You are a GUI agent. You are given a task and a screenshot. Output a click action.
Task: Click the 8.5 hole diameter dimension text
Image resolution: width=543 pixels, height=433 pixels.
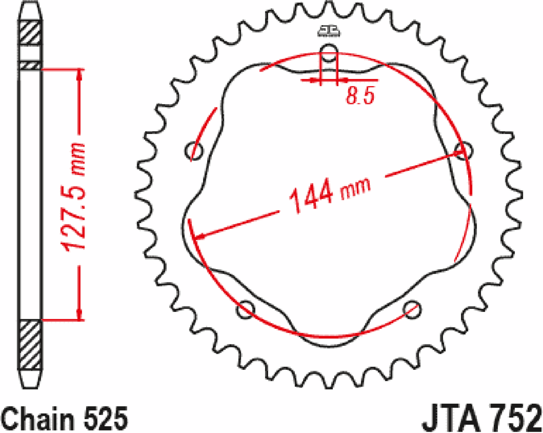360,95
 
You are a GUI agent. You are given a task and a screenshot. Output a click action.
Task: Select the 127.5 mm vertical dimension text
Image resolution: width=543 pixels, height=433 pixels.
72,197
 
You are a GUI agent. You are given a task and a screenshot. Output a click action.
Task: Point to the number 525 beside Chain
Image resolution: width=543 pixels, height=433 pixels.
106,419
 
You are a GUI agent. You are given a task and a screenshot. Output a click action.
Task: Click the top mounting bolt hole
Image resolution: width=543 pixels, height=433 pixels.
329,53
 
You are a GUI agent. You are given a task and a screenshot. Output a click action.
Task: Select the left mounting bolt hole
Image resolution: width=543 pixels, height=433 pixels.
194,151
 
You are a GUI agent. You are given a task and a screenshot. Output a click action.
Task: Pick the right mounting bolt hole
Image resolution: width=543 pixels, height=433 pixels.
464,151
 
